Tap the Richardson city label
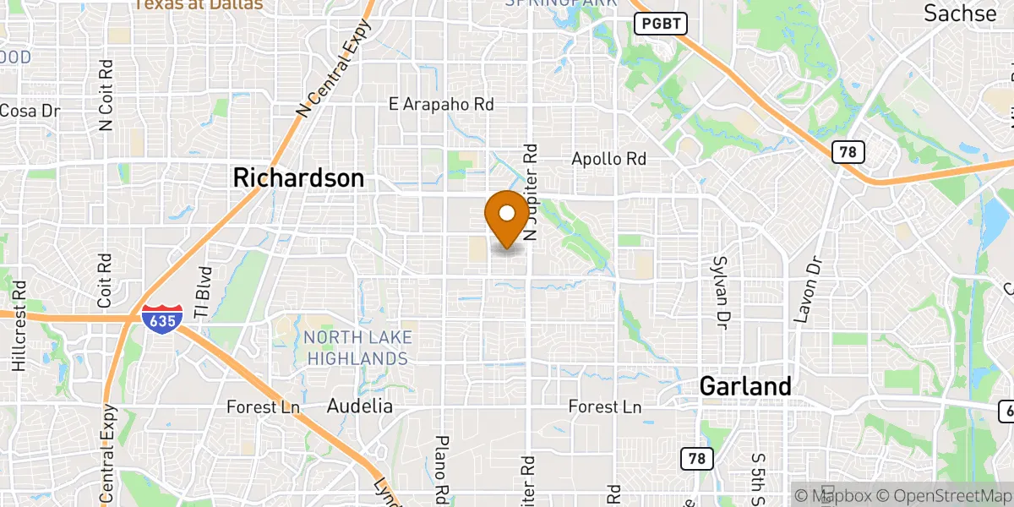coord(298,178)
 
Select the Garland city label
coord(745,386)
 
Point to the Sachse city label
coord(960,14)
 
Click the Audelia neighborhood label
coord(360,406)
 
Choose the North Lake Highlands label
coord(358,348)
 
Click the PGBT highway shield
coord(660,24)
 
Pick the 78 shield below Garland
coord(696,459)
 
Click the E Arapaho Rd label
coord(441,105)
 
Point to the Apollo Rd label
coord(608,159)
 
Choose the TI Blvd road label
coord(202,292)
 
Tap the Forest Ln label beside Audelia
coord(264,407)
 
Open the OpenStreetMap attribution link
coord(946,495)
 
